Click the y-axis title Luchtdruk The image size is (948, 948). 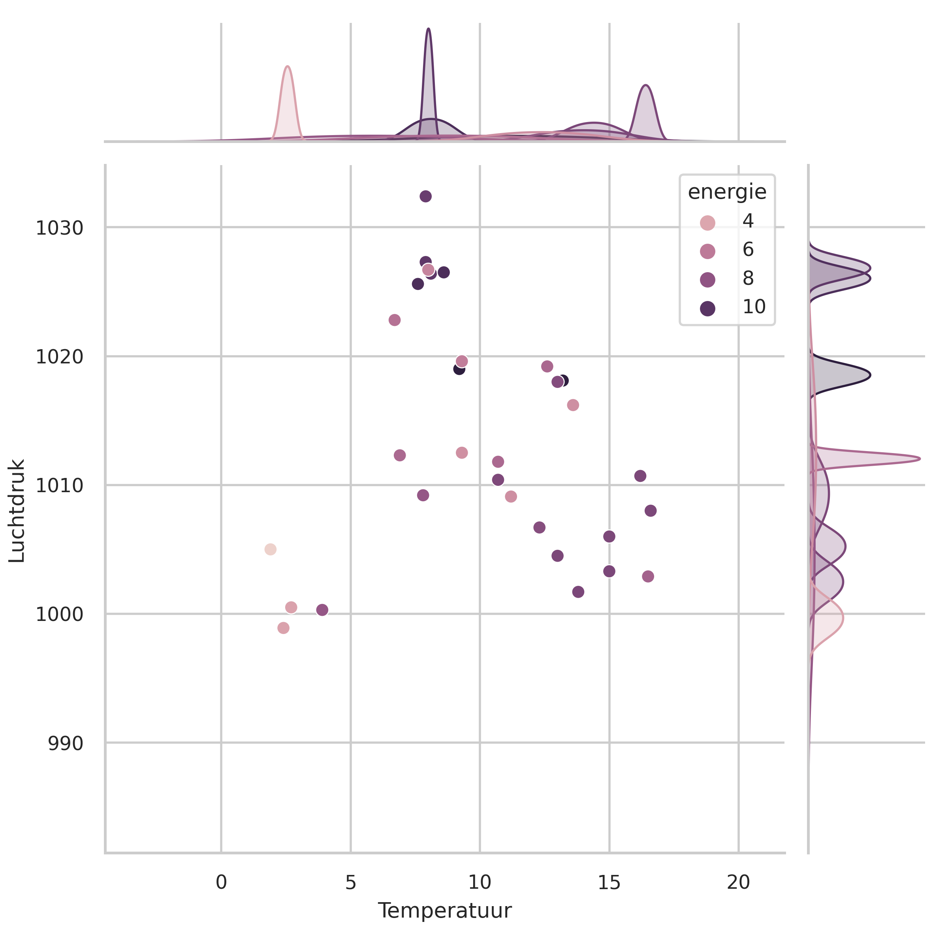pos(17,510)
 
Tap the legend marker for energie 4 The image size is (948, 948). pos(707,223)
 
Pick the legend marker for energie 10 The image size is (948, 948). pos(707,308)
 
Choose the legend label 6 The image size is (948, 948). pos(748,250)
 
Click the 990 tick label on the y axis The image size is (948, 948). pos(65,744)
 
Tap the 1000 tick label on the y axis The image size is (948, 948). pos(59,614)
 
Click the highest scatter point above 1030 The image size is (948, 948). pos(425,196)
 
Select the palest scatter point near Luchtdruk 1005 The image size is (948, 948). pos(270,549)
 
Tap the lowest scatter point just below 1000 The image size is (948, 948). pos(283,628)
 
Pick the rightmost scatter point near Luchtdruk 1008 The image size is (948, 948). pos(650,511)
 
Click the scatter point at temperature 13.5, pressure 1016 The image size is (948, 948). pos(573,405)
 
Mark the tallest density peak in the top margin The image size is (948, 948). pos(428,30)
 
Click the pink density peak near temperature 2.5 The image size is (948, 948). pos(288,67)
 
